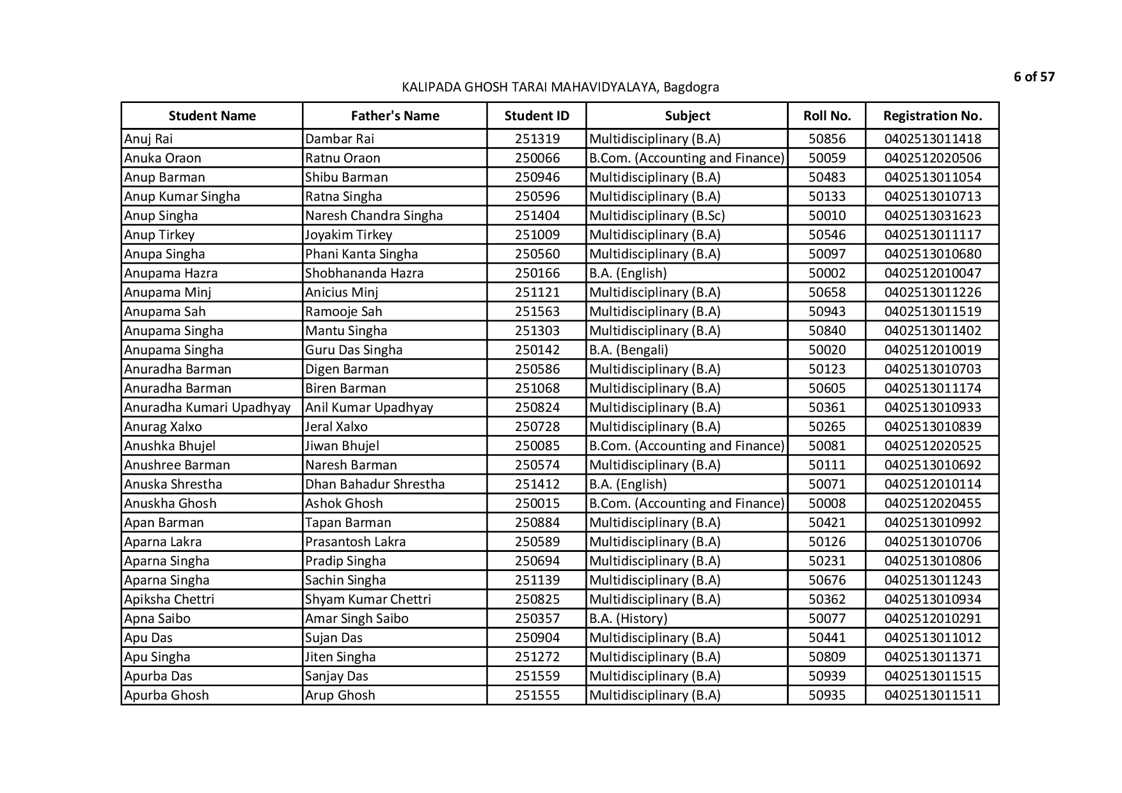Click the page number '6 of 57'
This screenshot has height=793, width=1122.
pos(1034,77)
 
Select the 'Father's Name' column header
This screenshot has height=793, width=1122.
pos(395,116)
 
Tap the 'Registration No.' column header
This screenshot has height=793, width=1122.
pos(932,116)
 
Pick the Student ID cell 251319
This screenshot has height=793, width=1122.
pos(537,139)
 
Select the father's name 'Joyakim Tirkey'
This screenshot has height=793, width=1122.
pos(349,235)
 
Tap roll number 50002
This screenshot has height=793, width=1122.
pos(826,273)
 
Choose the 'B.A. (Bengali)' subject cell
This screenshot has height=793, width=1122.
pos(628,350)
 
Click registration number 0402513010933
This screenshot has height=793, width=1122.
pos(932,407)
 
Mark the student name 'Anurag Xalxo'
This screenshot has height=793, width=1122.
pos(162,427)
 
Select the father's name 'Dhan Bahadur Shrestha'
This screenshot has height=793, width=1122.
pos(375,484)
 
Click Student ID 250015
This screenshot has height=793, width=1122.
pos(537,503)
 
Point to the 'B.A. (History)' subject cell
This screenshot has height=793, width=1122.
pos(628,618)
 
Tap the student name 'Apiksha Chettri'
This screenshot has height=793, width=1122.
pos(169,599)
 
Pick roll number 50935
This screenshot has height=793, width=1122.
pos(826,695)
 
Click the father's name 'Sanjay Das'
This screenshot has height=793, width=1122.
pos(336,676)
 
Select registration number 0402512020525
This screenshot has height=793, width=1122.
pos(932,446)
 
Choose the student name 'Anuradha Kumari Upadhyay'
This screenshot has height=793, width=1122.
pos(207,407)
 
